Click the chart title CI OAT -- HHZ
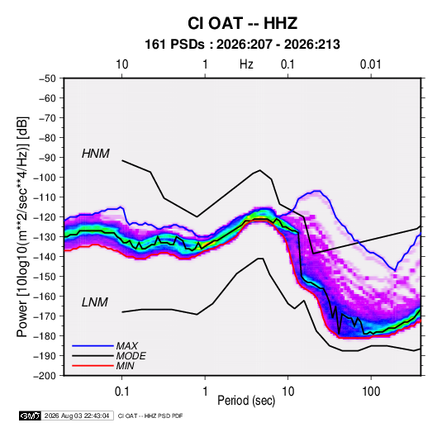coord(242,23)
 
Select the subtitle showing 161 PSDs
coord(242,45)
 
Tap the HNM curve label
coord(96,154)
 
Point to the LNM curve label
coord(95,302)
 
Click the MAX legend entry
coord(127,346)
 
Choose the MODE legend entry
coord(131,356)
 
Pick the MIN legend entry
coord(125,366)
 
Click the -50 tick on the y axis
coord(48,78)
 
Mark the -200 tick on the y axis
coord(45,376)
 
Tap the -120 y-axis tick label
coord(45,217)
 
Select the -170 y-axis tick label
coord(45,316)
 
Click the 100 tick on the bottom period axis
coord(371,392)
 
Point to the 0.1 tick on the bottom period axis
coord(121,392)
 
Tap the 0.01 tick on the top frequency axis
coord(370,64)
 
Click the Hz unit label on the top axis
coord(246,64)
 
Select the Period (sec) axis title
coord(246,401)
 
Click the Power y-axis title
coord(22,226)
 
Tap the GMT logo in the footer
coord(31,416)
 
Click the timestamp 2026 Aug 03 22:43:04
coord(77,416)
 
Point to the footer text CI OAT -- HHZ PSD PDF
coord(150,416)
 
